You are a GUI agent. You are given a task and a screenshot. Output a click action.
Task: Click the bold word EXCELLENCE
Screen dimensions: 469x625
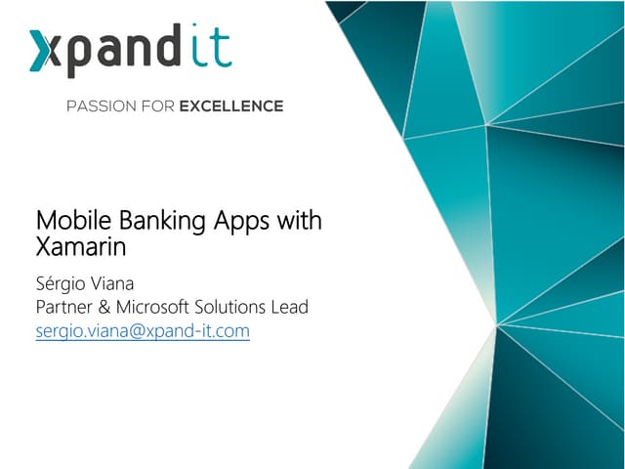231,106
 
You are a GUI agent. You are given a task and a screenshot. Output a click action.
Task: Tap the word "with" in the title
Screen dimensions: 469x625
298,221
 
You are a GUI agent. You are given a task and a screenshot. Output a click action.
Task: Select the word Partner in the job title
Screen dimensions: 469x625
68,307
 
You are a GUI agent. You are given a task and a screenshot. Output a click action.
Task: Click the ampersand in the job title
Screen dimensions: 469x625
113,307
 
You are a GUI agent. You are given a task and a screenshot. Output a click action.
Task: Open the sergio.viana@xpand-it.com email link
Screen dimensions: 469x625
143,331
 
